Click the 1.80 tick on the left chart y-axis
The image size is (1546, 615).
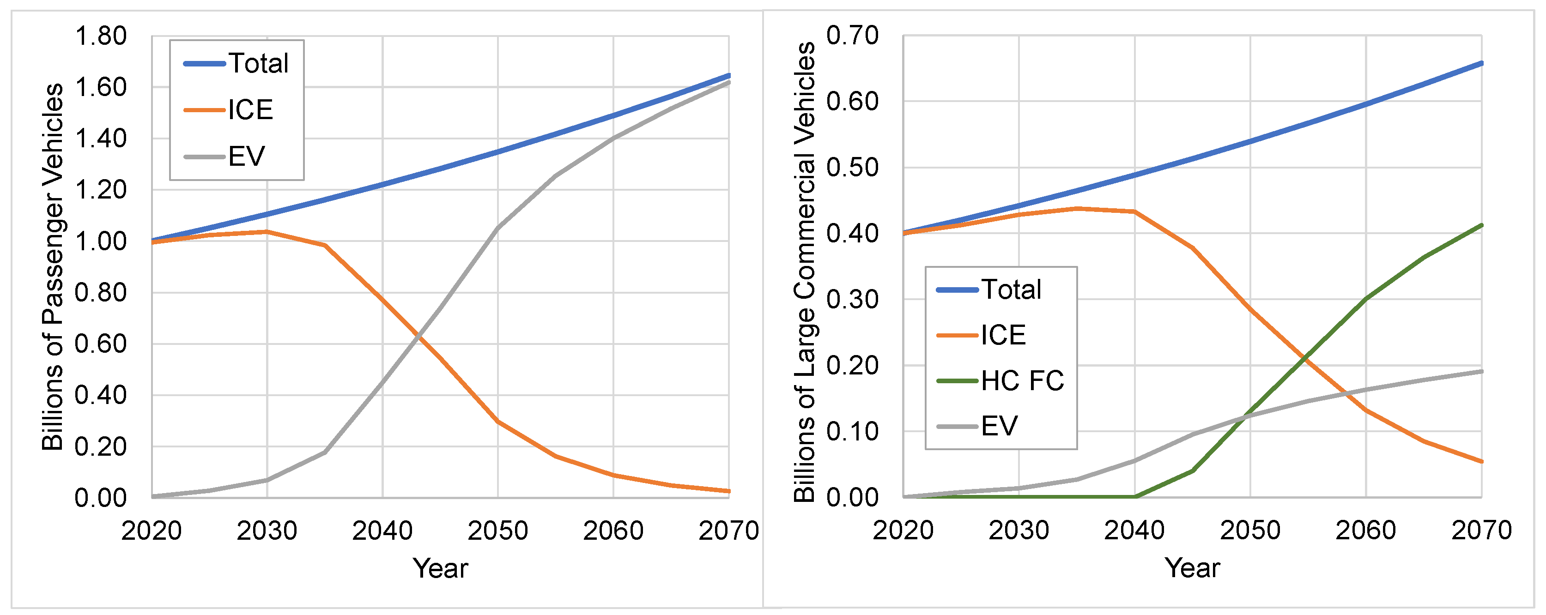coord(100,36)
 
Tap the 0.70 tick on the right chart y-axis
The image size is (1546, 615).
coord(852,36)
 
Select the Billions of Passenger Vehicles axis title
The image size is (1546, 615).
coord(53,266)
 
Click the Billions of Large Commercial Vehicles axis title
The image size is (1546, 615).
coord(805,271)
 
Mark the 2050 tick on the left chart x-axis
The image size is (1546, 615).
coord(497,531)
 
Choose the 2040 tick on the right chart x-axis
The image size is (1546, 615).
coord(1134,531)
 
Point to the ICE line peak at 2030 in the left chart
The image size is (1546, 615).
coord(267,232)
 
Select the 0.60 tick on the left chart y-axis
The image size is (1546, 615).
coord(100,344)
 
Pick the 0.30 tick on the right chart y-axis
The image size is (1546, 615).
coord(852,299)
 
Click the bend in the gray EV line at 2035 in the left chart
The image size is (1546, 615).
coord(325,452)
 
